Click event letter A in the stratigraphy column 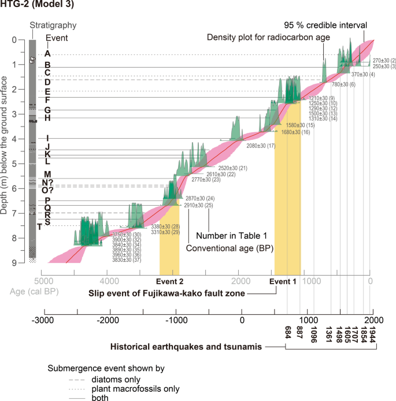pyautogui.click(x=47, y=53)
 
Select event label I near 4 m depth pyautogui.click(x=47, y=138)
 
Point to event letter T pyautogui.click(x=39, y=227)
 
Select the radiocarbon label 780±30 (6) pyautogui.click(x=343, y=85)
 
